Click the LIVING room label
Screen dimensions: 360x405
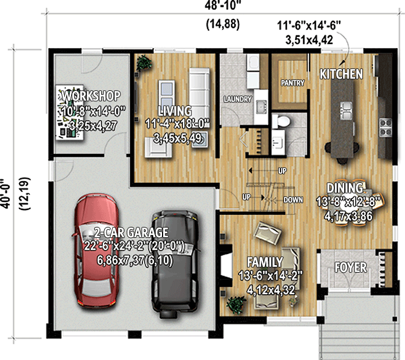click(175, 111)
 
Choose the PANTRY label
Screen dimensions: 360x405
click(293, 83)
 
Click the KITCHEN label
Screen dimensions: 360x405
click(341, 74)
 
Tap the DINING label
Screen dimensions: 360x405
click(345, 188)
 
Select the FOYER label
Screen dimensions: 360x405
click(351, 267)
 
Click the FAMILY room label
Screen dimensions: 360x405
click(265, 262)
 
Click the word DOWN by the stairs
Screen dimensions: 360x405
click(293, 200)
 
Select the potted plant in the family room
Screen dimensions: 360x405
click(235, 304)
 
